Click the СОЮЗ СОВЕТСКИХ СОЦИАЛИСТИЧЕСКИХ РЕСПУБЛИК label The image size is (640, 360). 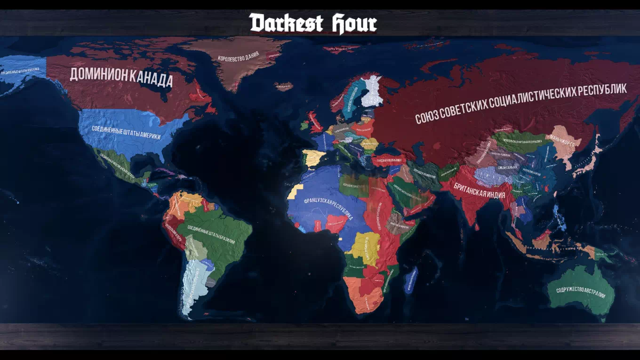pos(521,104)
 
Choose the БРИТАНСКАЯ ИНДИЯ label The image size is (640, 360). pos(480,190)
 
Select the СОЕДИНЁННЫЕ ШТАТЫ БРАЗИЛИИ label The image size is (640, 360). pos(211,234)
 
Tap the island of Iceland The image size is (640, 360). pos(283,87)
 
